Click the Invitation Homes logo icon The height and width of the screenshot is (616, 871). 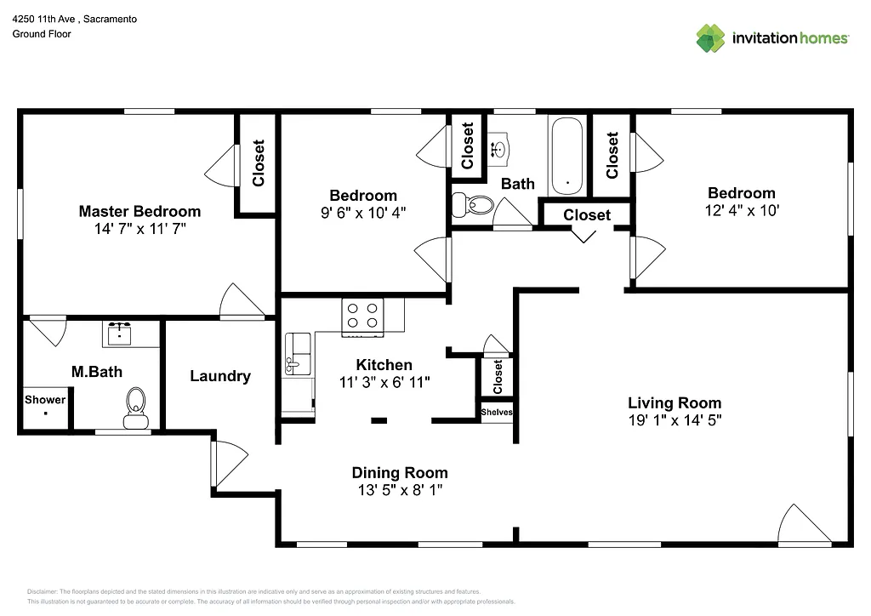(x=710, y=38)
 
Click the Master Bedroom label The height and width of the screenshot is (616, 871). (x=139, y=211)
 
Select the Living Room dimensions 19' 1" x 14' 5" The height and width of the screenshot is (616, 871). (x=675, y=419)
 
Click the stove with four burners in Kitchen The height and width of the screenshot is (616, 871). (x=361, y=316)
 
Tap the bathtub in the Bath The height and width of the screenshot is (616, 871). (x=566, y=157)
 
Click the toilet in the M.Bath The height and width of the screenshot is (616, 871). (x=135, y=407)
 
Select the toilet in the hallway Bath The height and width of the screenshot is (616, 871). (x=472, y=204)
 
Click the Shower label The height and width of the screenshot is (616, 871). (x=45, y=400)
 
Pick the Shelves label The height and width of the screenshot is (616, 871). (x=497, y=413)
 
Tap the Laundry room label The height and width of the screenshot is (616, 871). (x=219, y=376)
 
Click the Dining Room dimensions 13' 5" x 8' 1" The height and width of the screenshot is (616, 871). (x=400, y=490)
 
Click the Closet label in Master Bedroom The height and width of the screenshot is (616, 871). (x=259, y=163)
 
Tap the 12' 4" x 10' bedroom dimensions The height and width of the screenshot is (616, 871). (x=742, y=209)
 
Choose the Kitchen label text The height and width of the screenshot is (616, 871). (x=384, y=365)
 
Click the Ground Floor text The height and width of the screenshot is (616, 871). (x=42, y=34)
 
